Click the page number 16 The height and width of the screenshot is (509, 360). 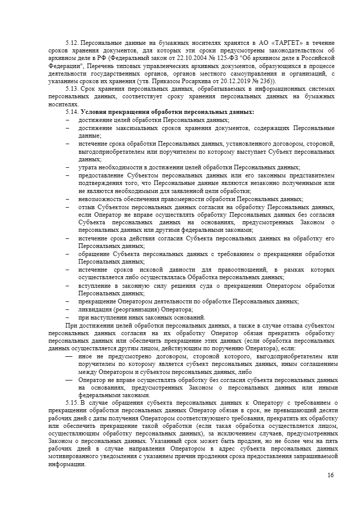pyautogui.click(x=330, y=475)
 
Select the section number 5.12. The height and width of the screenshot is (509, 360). pyautogui.click(x=73, y=43)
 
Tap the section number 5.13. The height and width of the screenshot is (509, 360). pyautogui.click(x=73, y=89)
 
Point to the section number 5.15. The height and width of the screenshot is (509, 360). pyautogui.click(x=73, y=402)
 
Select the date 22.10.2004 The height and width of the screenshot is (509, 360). pyautogui.click(x=188, y=58)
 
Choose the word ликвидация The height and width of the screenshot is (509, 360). pyautogui.click(x=95, y=309)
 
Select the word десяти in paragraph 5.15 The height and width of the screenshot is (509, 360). pyautogui.click(x=327, y=410)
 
